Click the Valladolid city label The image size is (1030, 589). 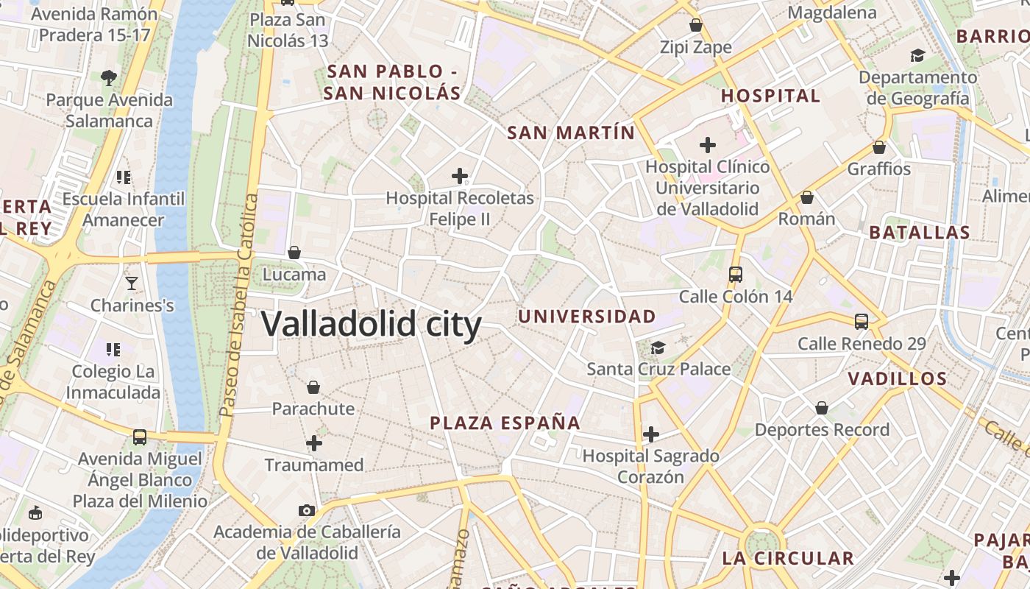pyautogui.click(x=372, y=324)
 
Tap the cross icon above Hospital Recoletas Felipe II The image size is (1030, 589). pyautogui.click(x=460, y=176)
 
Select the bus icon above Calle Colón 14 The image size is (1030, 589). pyautogui.click(x=735, y=275)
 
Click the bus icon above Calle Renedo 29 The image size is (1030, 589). pyautogui.click(x=862, y=322)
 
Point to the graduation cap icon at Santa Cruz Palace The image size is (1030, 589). pyautogui.click(x=658, y=348)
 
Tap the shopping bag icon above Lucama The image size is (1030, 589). pyautogui.click(x=294, y=253)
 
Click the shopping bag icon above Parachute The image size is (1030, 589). pyautogui.click(x=313, y=387)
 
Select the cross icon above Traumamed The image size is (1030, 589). pyautogui.click(x=314, y=443)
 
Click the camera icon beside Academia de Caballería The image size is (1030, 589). pyautogui.click(x=307, y=510)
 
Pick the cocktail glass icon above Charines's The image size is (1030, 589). pyautogui.click(x=132, y=283)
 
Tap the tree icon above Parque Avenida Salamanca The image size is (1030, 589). pyautogui.click(x=109, y=77)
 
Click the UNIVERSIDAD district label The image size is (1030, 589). pyautogui.click(x=587, y=317)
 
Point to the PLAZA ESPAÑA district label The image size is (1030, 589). pyautogui.click(x=505, y=423)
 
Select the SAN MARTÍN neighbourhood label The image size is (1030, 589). pyautogui.click(x=571, y=133)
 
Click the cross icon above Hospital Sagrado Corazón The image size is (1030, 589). pyautogui.click(x=650, y=434)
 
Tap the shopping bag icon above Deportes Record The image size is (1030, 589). pyautogui.click(x=822, y=408)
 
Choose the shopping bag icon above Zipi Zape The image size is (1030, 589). pyautogui.click(x=696, y=26)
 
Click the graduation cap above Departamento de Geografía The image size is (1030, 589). pyautogui.click(x=917, y=55)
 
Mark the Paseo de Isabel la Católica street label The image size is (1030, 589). pyautogui.click(x=238, y=305)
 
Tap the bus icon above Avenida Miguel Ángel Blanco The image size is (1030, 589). pyautogui.click(x=140, y=437)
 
